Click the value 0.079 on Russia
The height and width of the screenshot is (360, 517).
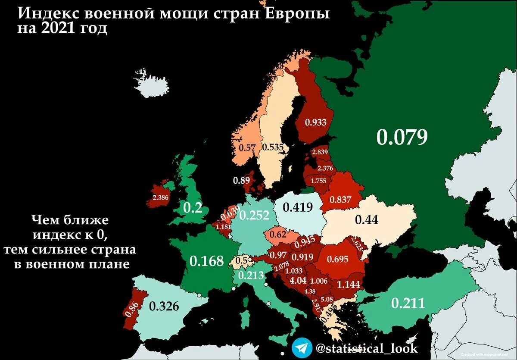pos(402,137)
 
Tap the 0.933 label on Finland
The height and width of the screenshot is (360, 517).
pos(316,122)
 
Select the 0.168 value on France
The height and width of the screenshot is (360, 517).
pos(207,261)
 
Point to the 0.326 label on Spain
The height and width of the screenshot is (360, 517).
pos(164,306)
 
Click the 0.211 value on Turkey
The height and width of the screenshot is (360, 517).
pos(408,303)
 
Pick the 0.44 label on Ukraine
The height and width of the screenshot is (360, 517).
pos(366,220)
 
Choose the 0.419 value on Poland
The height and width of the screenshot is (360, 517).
pos(298,207)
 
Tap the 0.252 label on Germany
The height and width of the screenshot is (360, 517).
pos(254,216)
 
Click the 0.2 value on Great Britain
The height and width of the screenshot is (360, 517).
pos(193,208)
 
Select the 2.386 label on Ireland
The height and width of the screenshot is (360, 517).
pos(161,197)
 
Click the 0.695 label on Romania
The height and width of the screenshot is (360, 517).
pos(338,259)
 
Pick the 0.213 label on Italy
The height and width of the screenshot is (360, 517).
pos(251,275)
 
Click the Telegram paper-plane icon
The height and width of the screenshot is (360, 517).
pos(302,347)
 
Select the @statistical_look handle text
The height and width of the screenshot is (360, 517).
pos(366,347)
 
